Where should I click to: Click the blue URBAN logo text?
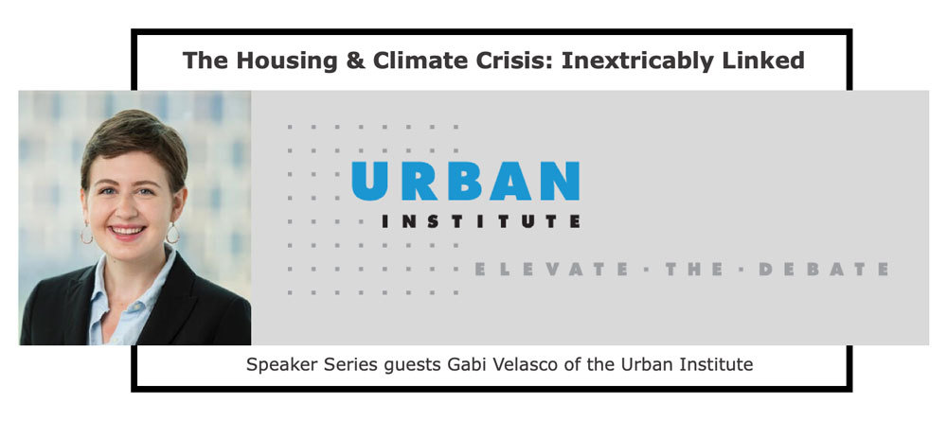click(x=465, y=181)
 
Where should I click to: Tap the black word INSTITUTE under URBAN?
click(x=481, y=221)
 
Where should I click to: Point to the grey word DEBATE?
click(x=823, y=269)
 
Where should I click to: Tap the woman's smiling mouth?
click(x=128, y=231)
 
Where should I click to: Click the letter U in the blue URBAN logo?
click(x=369, y=181)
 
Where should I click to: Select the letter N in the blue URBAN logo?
click(x=560, y=181)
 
